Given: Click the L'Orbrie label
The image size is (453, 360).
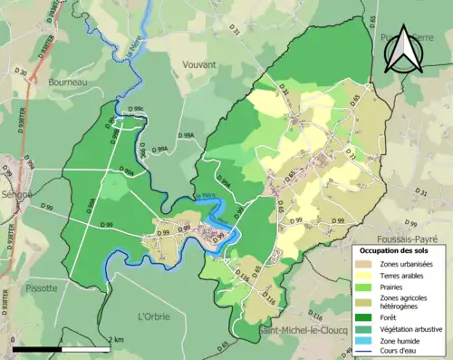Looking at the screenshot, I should (x=154, y=316).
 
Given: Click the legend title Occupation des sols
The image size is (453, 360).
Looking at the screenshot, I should (x=396, y=250).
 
